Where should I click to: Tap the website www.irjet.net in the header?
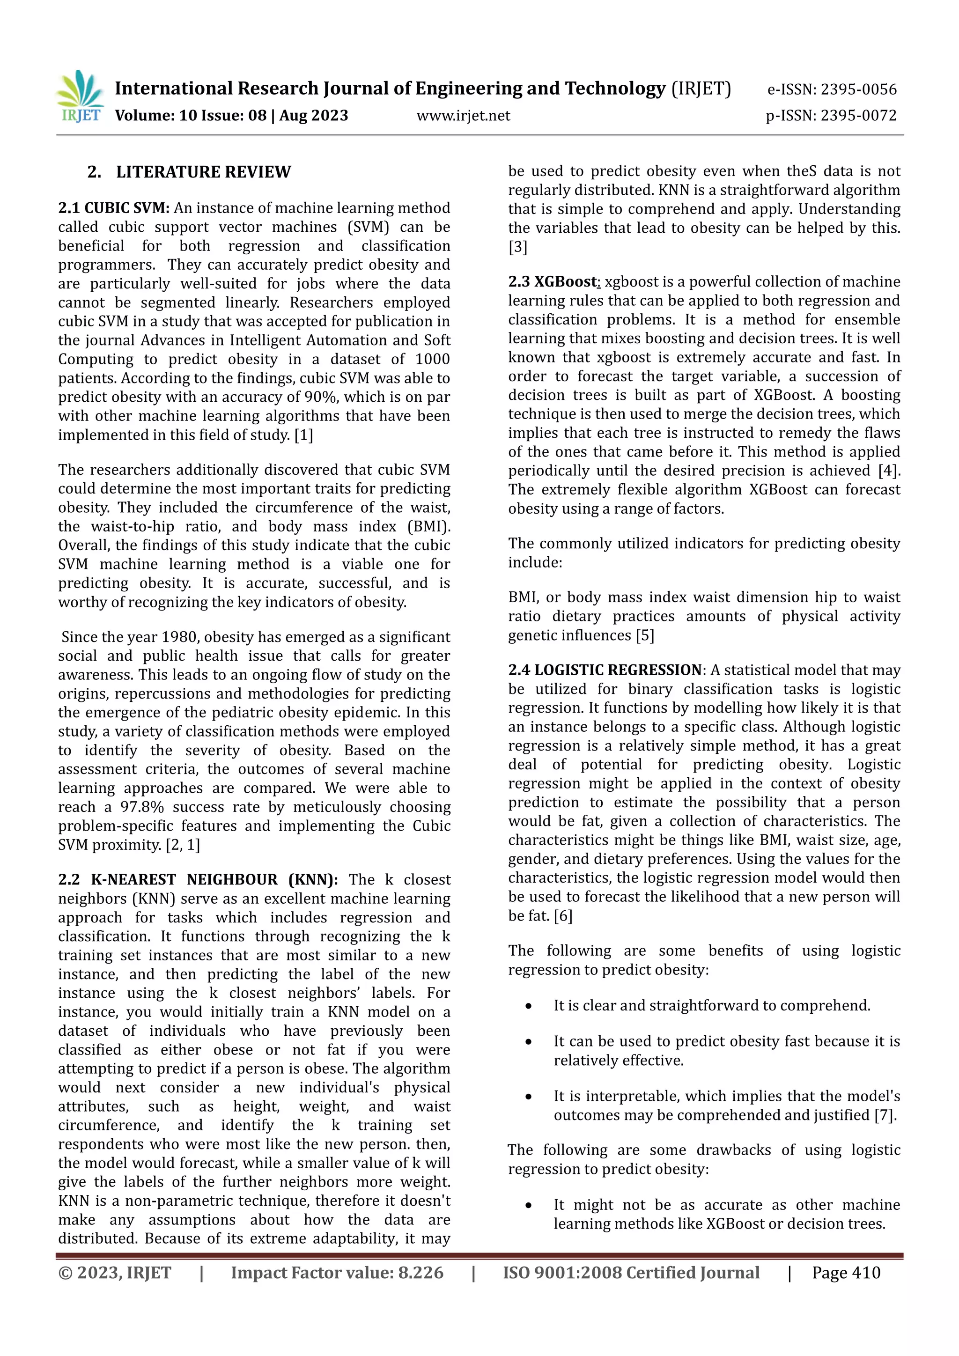pos(463,116)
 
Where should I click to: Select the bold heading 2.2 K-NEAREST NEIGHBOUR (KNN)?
pos(198,879)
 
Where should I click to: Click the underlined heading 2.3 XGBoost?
pos(554,282)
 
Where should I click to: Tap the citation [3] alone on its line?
pos(517,247)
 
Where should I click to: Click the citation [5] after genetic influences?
pos(645,635)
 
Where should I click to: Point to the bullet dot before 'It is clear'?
pos(529,1006)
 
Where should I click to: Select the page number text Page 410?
pos(846,1273)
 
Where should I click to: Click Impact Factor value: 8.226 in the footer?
pos(337,1273)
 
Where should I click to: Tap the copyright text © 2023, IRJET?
pos(115,1273)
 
